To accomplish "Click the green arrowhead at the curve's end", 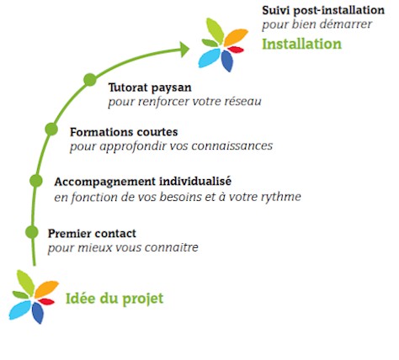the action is tap(184, 50).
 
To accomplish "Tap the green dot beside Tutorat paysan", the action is tap(90, 80).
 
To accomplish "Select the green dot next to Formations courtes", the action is tap(51, 130).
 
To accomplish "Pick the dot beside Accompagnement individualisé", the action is tap(36, 181).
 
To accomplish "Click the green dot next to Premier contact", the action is tap(32, 232).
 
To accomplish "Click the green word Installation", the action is tap(302, 44).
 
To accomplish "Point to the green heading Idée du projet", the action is tap(114, 299).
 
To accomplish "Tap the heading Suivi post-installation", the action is tap(323, 10).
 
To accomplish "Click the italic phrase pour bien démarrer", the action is tap(317, 24).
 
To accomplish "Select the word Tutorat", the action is tap(128, 87).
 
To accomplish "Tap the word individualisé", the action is tap(195, 181).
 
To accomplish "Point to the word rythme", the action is tap(281, 197).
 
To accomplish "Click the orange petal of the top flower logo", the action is tap(236, 37).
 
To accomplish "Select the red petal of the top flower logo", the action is tap(236, 50).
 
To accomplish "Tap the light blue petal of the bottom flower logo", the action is tap(20, 310).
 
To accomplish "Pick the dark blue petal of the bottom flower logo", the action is tap(38, 313).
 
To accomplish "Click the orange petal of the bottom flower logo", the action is tap(46, 289).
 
